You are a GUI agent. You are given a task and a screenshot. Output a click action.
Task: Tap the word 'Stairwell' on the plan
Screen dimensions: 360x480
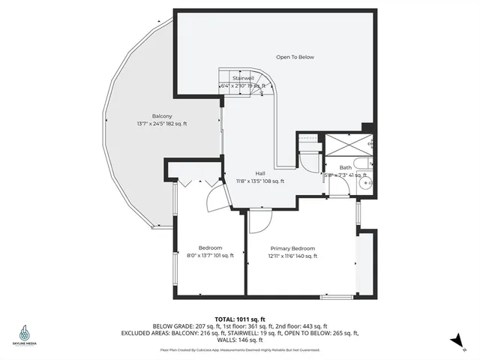click(242, 77)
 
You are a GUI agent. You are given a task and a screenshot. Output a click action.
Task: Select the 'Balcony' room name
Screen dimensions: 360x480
click(162, 115)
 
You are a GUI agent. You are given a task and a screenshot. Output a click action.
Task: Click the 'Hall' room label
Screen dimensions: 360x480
click(260, 172)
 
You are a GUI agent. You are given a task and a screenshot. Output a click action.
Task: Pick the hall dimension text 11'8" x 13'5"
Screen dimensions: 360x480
click(260, 181)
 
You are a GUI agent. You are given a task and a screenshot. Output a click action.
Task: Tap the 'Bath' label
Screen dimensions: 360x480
click(345, 167)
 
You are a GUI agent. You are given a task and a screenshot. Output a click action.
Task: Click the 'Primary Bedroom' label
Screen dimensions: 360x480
click(292, 248)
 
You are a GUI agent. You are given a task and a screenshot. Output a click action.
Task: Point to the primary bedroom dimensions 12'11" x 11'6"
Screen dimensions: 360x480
click(292, 256)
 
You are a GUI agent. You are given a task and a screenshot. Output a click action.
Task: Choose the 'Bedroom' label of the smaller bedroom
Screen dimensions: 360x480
click(210, 248)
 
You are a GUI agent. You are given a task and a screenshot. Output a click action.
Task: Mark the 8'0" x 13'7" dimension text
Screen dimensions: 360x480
click(210, 256)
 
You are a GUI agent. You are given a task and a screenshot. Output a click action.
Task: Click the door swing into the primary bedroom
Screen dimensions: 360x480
click(259, 221)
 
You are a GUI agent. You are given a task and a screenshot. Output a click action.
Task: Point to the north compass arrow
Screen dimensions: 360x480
click(456, 341)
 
